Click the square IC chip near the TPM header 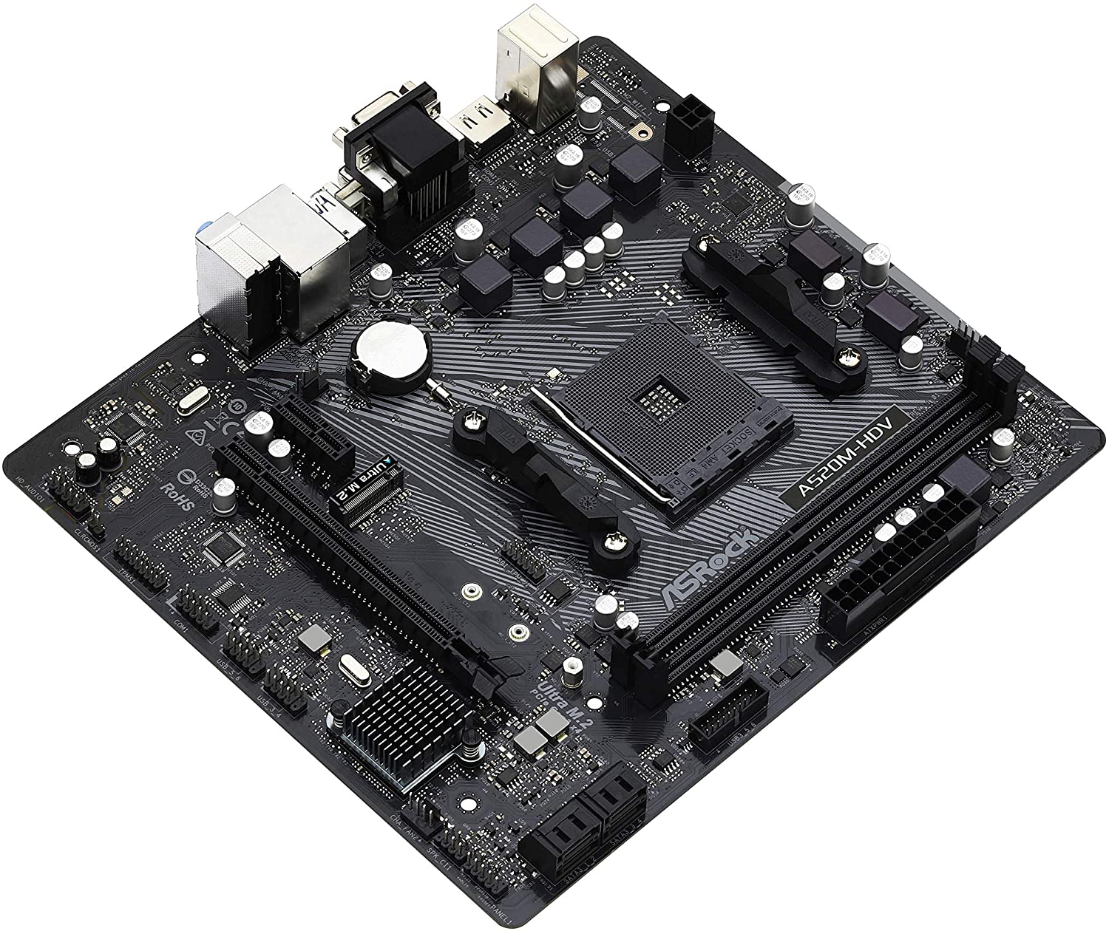(x=221, y=549)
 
